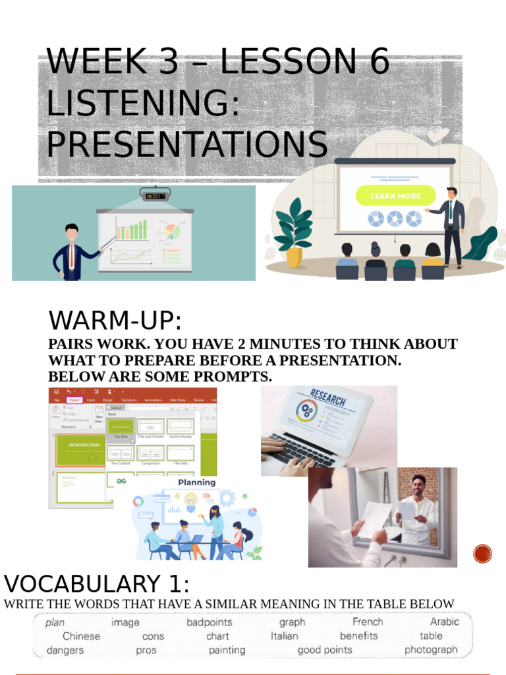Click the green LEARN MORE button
point(395,196)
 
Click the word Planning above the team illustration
point(196,483)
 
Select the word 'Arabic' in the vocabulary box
point(444,622)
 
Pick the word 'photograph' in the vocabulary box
point(431,650)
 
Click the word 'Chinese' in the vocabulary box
point(82,636)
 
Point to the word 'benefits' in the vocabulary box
point(358,636)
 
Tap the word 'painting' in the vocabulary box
point(227,650)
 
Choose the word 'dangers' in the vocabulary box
point(65,650)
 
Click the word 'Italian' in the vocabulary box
point(284,636)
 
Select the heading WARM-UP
point(115,322)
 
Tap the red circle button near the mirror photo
point(483,553)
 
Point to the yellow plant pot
point(294,257)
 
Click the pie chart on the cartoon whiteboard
point(171,231)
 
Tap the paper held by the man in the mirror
point(407,510)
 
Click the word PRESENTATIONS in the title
point(186,144)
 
